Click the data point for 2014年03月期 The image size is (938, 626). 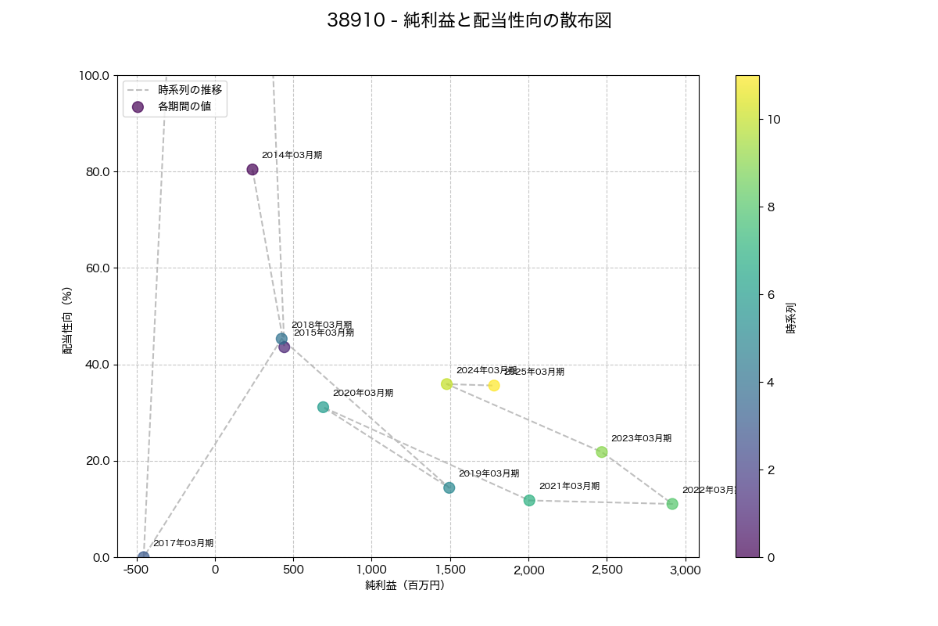click(x=252, y=170)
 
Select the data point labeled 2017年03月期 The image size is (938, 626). click(x=144, y=557)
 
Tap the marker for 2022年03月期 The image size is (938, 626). click(x=672, y=504)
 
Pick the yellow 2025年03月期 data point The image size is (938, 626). click(x=494, y=386)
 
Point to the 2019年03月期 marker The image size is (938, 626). click(x=449, y=488)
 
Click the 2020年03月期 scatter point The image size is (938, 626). click(x=324, y=408)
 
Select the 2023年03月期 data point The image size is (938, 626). click(x=602, y=452)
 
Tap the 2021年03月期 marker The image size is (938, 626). click(x=529, y=501)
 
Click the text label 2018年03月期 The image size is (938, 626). click(x=321, y=325)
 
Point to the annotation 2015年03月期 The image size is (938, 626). click(x=324, y=333)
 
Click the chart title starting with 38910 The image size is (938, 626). click(x=469, y=21)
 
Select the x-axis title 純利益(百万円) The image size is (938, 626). click(x=405, y=585)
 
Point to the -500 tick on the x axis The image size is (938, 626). click(x=137, y=570)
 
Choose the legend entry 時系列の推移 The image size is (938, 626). click(x=190, y=90)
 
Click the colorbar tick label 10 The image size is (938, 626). click(x=774, y=120)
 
